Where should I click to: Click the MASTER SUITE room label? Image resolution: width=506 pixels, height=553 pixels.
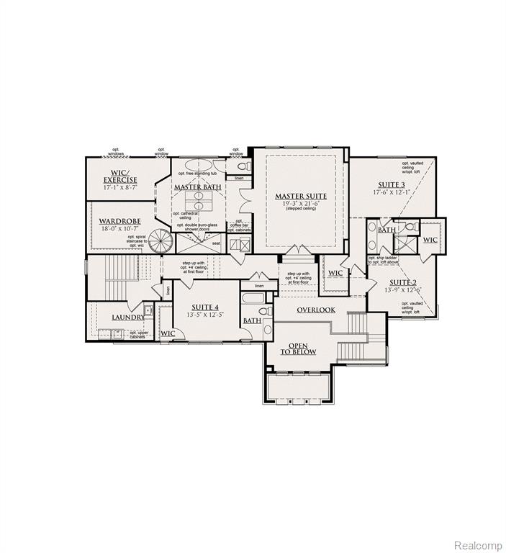click(301, 195)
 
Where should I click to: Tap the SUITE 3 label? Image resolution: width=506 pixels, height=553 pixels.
click(391, 184)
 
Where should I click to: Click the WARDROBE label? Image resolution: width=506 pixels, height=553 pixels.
click(119, 221)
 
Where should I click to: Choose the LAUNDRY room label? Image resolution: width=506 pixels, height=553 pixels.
click(128, 317)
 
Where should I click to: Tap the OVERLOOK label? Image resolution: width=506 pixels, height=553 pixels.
click(316, 310)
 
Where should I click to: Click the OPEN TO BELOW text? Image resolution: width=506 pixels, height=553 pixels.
click(299, 349)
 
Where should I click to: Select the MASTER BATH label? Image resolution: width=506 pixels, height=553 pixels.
click(197, 187)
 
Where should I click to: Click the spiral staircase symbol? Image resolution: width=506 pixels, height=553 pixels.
click(163, 240)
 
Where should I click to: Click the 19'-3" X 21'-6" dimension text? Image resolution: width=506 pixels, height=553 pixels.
click(301, 204)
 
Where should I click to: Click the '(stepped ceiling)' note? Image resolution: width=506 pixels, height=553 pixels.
click(301, 210)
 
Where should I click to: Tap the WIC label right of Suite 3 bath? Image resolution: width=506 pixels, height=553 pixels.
click(430, 240)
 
